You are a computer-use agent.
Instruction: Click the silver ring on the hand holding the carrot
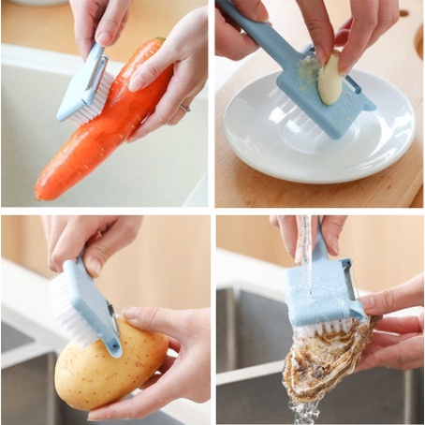pyautogui.click(x=184, y=107)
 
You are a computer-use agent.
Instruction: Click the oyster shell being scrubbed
pyautogui.click(x=323, y=365)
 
